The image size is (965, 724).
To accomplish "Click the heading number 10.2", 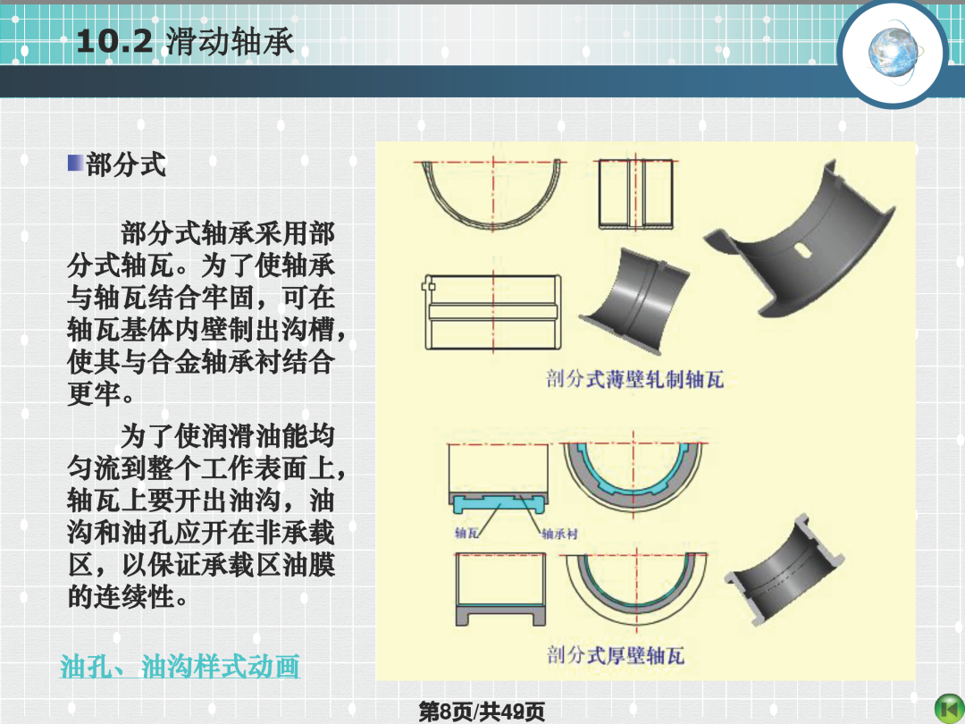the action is pyautogui.click(x=114, y=41).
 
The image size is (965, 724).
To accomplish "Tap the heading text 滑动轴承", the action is pyautogui.click(x=230, y=42).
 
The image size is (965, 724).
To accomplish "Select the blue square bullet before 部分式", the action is pyautogui.click(x=75, y=164).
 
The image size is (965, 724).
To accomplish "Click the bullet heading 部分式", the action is pyautogui.click(x=126, y=164).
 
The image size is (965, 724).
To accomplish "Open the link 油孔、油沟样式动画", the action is pyautogui.click(x=180, y=666).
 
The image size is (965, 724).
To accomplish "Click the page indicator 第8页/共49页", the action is pyautogui.click(x=482, y=711).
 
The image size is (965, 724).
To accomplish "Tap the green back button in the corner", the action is pyautogui.click(x=949, y=709).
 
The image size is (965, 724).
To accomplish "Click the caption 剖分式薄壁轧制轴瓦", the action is pyautogui.click(x=634, y=379).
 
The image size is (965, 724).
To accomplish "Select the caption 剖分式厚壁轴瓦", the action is pyautogui.click(x=616, y=654).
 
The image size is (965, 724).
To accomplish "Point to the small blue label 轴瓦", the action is pyautogui.click(x=466, y=533).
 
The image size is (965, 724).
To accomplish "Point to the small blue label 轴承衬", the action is pyautogui.click(x=559, y=534).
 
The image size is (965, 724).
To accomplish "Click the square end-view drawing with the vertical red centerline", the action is pyautogui.click(x=636, y=194).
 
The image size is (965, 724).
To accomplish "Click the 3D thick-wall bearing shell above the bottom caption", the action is pyautogui.click(x=784, y=570).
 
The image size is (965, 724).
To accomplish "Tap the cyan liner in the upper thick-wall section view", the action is pyautogui.click(x=499, y=503).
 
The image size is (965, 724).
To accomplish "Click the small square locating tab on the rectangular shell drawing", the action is pyautogui.click(x=429, y=286).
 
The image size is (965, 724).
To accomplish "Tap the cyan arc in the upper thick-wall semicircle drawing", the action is pyautogui.click(x=634, y=485).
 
